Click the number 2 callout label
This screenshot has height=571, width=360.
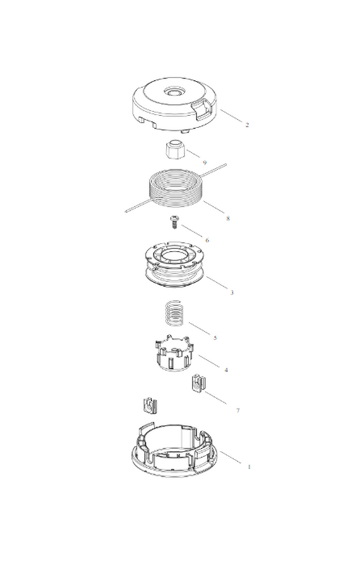[247, 125]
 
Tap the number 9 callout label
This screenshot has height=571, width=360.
[205, 162]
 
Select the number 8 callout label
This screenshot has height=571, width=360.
[228, 218]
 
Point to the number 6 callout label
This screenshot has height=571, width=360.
[207, 240]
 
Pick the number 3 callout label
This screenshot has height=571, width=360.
[231, 292]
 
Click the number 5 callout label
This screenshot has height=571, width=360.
[215, 338]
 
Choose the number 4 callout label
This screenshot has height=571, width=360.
[227, 370]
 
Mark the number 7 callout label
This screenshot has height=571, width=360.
[237, 410]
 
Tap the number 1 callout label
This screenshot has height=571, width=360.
[249, 466]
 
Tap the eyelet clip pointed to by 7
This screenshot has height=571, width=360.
[198, 384]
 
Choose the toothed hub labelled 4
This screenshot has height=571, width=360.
[171, 354]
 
